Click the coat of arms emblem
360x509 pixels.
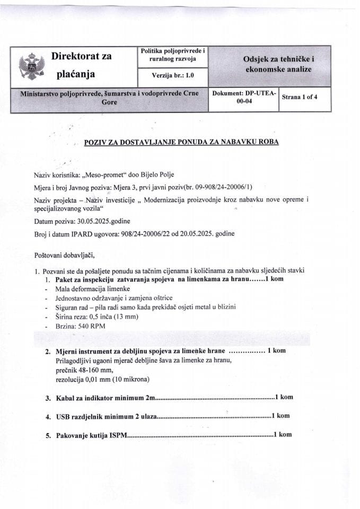coord(30,66)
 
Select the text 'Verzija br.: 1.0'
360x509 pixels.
coord(173,75)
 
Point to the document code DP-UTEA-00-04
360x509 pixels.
coord(243,98)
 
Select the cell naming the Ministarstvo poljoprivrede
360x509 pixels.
coord(109,98)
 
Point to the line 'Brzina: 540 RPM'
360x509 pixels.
coord(80,327)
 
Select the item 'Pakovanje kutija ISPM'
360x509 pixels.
coord(91,435)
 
